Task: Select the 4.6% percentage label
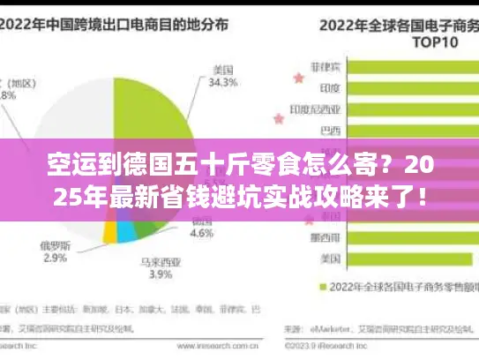point(203,235)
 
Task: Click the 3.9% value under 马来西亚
point(160,274)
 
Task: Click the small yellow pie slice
point(110,232)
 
